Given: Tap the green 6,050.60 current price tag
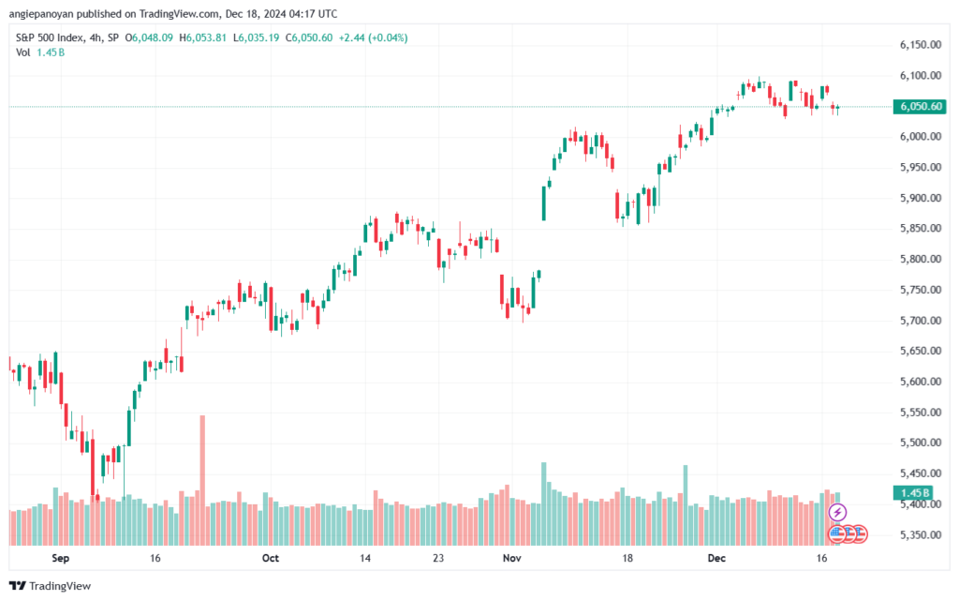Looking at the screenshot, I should click(x=921, y=107).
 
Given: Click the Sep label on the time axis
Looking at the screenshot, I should click(x=60, y=558).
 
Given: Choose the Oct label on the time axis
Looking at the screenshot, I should click(x=271, y=558).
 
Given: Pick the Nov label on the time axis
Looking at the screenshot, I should click(x=510, y=558).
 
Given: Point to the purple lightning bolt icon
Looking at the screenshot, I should click(x=838, y=512).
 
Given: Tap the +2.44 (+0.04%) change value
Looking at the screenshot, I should click(x=380, y=38).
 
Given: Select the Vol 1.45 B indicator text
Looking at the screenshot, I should click(x=39, y=53).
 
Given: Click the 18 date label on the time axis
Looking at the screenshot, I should click(x=627, y=558).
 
